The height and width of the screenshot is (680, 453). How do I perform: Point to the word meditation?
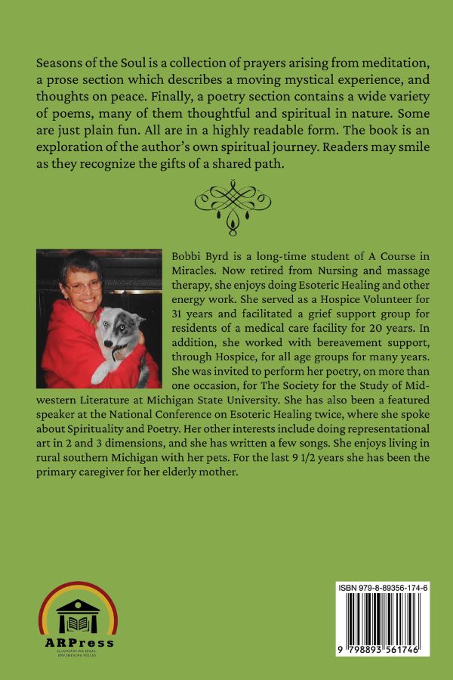click(387, 59)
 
